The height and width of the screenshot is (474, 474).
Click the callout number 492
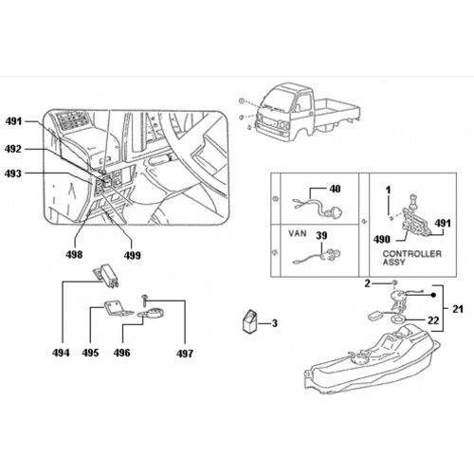point(13,149)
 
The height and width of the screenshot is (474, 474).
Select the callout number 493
point(13,173)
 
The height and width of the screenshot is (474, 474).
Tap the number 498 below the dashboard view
point(74,254)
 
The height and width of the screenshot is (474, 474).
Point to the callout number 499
point(132,255)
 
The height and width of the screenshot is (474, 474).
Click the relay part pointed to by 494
point(106,276)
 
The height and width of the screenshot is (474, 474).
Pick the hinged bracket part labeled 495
point(117,308)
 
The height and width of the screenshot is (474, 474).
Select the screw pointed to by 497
point(145,300)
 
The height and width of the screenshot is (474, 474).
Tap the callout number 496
point(122,353)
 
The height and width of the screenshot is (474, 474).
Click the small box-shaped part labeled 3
point(250,321)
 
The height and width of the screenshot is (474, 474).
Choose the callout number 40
point(335,189)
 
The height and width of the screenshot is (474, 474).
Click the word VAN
point(298,233)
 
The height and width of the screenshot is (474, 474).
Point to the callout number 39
point(321,235)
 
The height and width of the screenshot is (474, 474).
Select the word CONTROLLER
point(412,254)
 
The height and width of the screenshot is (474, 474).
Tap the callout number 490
point(382,239)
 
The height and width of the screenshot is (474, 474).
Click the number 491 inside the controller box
point(443,223)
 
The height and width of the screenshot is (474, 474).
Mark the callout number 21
point(458,309)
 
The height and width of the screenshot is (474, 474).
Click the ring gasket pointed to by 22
point(398,319)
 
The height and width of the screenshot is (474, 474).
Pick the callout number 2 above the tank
point(367,283)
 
